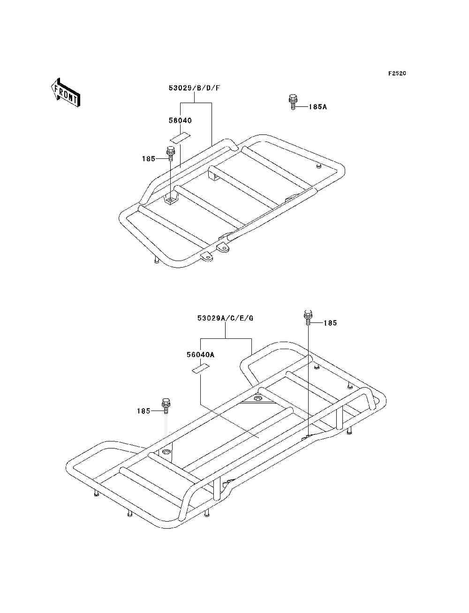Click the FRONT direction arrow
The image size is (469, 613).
(x=66, y=92)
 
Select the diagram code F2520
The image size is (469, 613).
(x=397, y=74)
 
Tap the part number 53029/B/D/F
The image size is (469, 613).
(x=194, y=88)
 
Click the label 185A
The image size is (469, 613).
(x=318, y=107)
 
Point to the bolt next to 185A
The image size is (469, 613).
(x=293, y=102)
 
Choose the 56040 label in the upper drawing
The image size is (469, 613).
(x=180, y=120)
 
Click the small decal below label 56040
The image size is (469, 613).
(x=180, y=138)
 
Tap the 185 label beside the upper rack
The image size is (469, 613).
(x=148, y=158)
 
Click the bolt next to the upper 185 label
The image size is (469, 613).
(x=170, y=154)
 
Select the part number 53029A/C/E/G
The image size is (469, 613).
(x=225, y=318)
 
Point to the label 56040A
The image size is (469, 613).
(x=200, y=354)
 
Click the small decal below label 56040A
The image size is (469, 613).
(x=200, y=369)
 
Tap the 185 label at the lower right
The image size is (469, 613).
(x=330, y=323)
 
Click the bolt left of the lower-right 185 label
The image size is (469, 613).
(x=307, y=318)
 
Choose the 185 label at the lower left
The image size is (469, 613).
(x=144, y=411)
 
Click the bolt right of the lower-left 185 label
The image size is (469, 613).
(x=166, y=406)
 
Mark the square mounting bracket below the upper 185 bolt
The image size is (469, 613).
(x=170, y=199)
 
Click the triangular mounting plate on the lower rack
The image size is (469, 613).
(x=257, y=399)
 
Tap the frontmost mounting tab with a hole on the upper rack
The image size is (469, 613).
(x=207, y=256)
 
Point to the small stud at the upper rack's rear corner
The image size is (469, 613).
(x=318, y=166)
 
